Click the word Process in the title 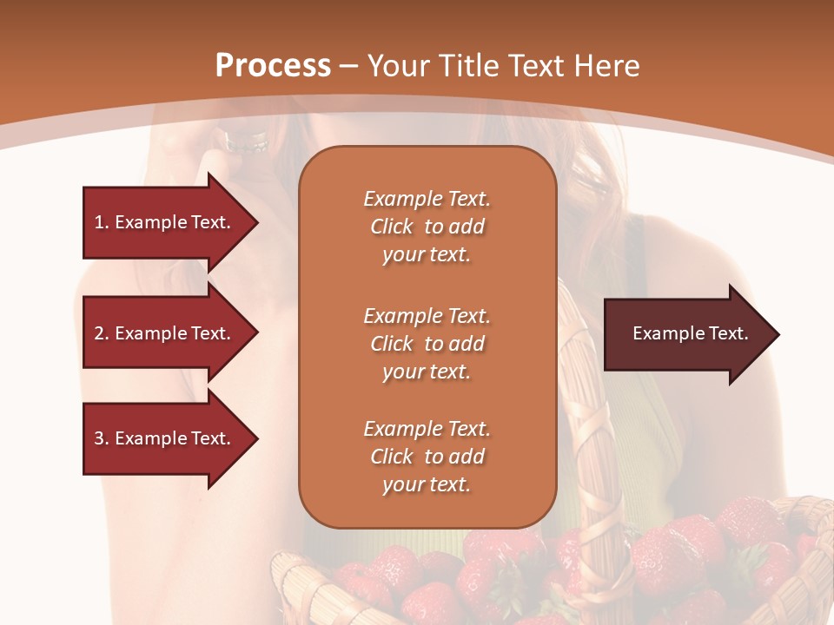click(x=273, y=66)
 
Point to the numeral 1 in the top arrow click(x=99, y=222)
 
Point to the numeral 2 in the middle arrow click(x=100, y=333)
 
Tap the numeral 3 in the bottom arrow click(x=100, y=438)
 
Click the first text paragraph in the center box click(x=427, y=227)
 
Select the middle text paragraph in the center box click(x=427, y=344)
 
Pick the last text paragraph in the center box click(x=427, y=457)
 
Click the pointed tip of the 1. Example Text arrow click(x=255, y=222)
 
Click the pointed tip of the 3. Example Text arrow click(x=255, y=438)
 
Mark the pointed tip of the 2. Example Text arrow click(x=255, y=333)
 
